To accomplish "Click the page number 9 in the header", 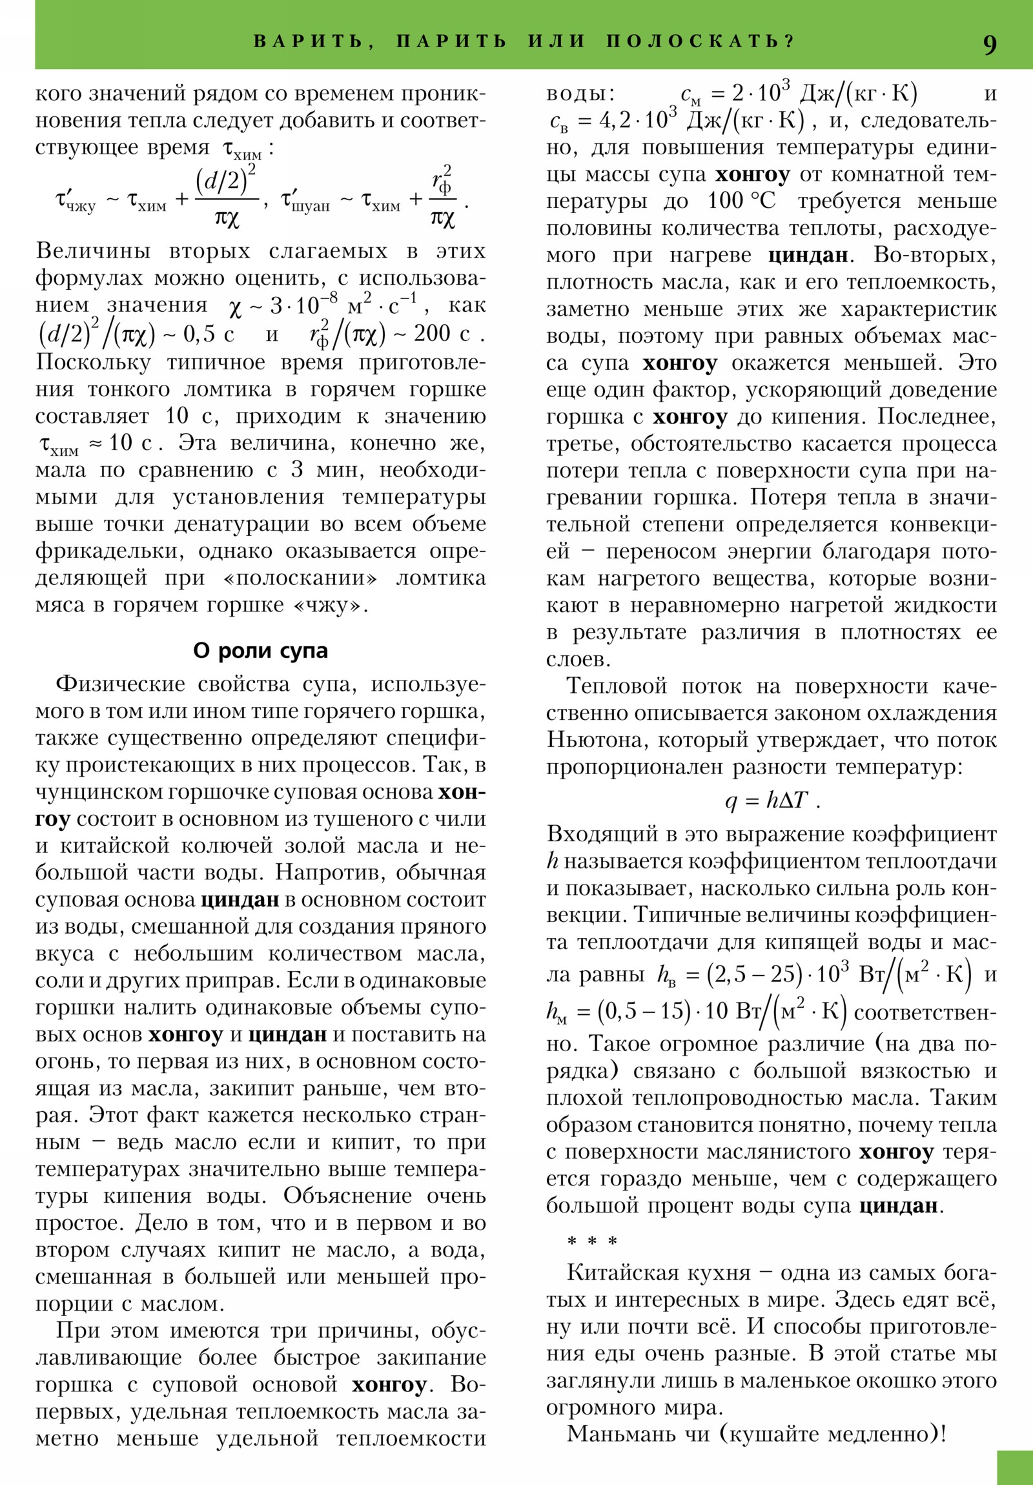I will (989, 45).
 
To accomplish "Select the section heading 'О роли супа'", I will (260, 651).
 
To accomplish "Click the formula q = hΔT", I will (771, 801).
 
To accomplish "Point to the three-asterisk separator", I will (592, 1241).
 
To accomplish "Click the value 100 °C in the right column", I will (741, 201).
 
